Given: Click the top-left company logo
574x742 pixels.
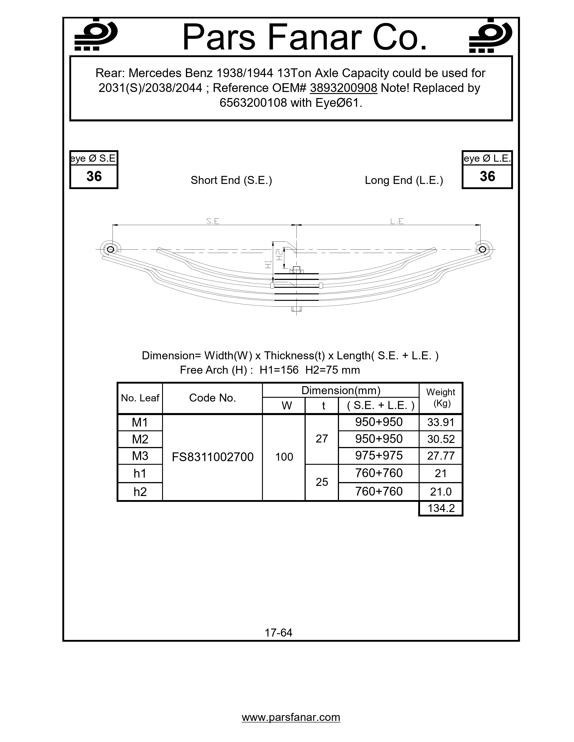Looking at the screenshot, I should [96, 35].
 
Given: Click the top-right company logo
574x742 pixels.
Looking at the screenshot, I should [490, 35].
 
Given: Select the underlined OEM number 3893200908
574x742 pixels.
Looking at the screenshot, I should [343, 88].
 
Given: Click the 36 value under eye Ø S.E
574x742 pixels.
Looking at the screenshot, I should [94, 176].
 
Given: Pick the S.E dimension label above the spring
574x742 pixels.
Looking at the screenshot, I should [213, 221].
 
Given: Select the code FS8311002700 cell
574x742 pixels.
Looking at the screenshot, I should [212, 457].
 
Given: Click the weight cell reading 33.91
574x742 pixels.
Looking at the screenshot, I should [441, 422].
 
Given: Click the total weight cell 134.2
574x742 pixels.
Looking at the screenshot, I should [441, 508].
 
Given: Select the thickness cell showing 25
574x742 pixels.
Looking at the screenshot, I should [322, 482].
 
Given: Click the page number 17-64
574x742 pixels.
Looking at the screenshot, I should [278, 632].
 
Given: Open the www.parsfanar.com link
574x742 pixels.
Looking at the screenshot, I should [291, 717].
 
